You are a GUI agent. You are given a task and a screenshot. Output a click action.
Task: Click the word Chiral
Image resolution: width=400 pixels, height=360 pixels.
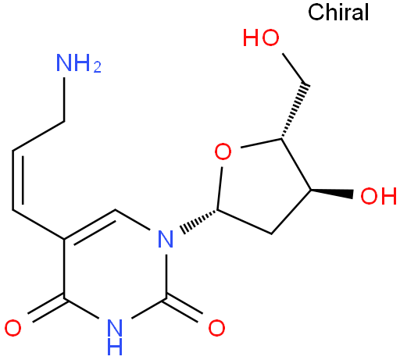click(x=338, y=12)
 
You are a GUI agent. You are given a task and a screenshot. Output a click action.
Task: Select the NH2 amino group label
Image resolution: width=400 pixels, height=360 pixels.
click(x=79, y=63)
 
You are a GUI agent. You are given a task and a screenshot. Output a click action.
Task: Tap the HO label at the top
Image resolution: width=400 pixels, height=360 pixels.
click(x=261, y=37)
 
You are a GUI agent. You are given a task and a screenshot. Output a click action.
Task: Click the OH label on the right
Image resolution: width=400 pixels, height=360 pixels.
click(x=378, y=196)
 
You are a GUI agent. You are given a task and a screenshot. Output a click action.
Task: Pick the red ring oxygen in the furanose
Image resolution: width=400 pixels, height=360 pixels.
click(x=223, y=151)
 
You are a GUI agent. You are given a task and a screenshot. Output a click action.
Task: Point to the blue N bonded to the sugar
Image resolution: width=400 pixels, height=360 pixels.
click(x=166, y=239)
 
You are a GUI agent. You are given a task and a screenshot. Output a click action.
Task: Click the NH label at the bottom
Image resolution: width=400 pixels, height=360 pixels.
click(x=115, y=337)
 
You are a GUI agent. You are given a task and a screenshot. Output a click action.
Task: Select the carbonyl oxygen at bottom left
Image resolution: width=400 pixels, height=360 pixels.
click(x=13, y=328)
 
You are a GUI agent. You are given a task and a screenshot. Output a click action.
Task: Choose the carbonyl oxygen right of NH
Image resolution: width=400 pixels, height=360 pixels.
click(x=216, y=328)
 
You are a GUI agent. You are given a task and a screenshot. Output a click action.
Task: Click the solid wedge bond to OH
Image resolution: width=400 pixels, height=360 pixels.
click(x=331, y=193)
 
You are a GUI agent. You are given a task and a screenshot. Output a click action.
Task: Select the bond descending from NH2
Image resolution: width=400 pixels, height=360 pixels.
click(x=64, y=99)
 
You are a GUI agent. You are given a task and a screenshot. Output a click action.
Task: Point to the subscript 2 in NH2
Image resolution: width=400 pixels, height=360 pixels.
click(x=98, y=67)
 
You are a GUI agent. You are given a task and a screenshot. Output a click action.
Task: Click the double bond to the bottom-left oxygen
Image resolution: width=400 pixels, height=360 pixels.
click(x=46, y=309)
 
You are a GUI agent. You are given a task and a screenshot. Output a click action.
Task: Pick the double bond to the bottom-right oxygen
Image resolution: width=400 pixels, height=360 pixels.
click(x=183, y=309)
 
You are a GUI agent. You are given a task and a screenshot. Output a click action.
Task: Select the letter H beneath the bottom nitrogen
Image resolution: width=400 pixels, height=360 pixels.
click(x=115, y=347)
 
